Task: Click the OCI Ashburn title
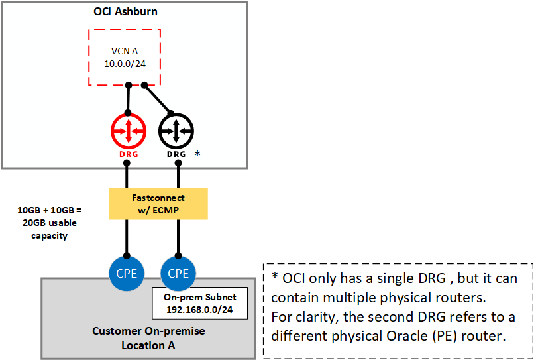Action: pyautogui.click(x=125, y=11)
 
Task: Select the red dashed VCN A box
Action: pyautogui.click(x=125, y=56)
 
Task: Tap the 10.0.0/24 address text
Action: pyautogui.click(x=125, y=63)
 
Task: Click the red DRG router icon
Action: pyautogui.click(x=127, y=131)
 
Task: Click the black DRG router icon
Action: pyautogui.click(x=176, y=131)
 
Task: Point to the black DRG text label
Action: pyautogui.click(x=176, y=154)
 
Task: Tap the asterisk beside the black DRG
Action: pyautogui.click(x=197, y=154)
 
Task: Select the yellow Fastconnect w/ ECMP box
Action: pyautogui.click(x=158, y=204)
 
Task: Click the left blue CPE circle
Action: pyautogui.click(x=127, y=273)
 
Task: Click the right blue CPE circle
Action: pyautogui.click(x=177, y=273)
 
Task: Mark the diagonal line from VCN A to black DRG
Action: pyautogui.click(x=159, y=99)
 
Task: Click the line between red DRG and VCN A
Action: pyautogui.click(x=128, y=99)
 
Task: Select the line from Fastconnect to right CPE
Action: pyautogui.click(x=177, y=237)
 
